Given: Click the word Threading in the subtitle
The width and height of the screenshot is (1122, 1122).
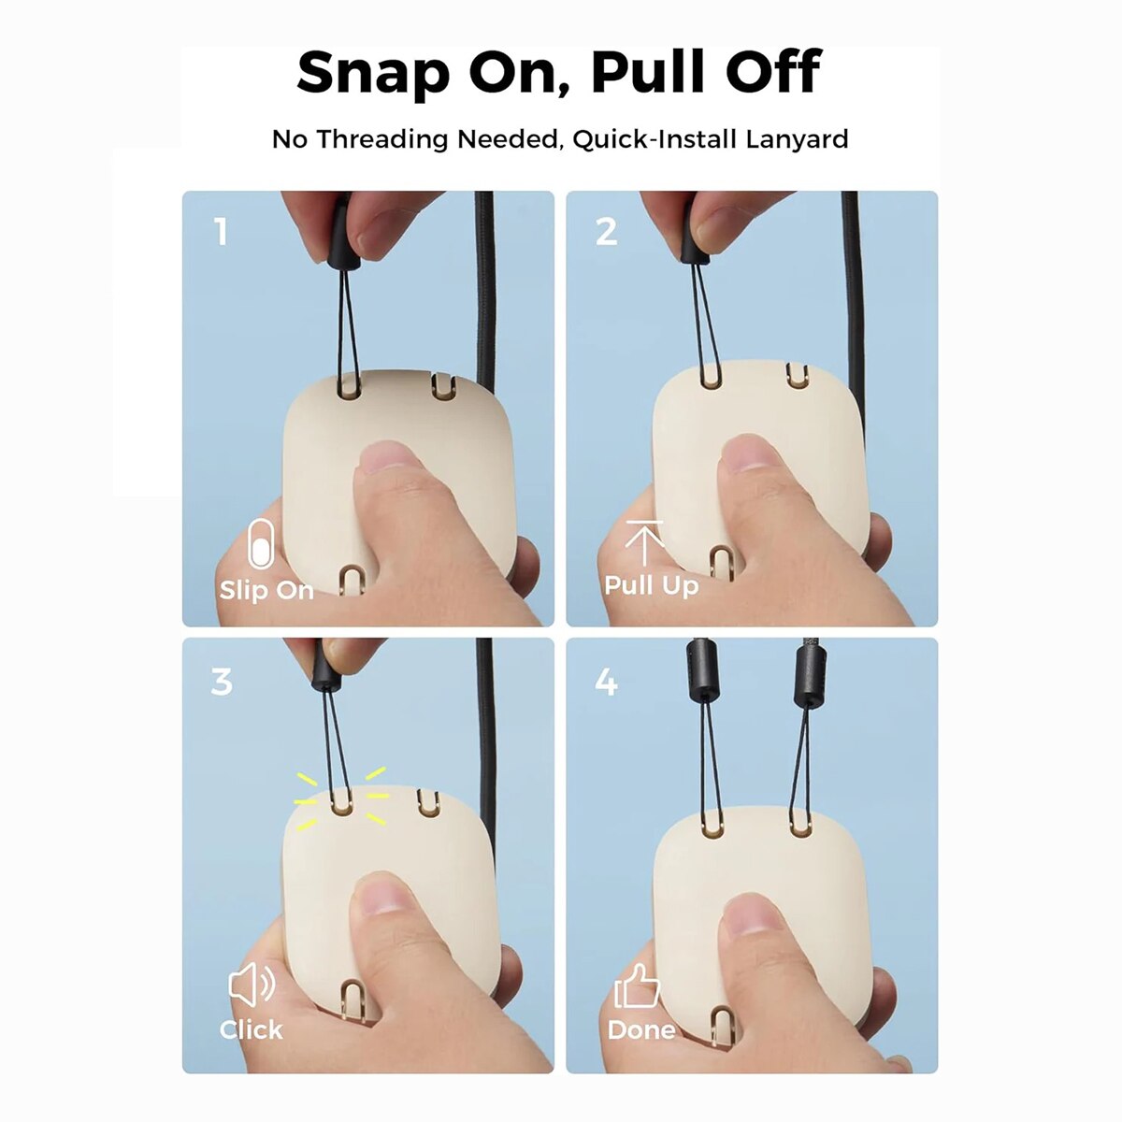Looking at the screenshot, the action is pos(382,139).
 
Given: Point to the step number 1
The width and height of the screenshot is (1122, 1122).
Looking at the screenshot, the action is pos(221,232).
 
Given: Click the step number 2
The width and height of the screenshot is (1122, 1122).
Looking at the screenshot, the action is pos(606,232).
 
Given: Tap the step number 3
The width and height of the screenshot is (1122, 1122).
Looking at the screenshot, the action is pos(222,682).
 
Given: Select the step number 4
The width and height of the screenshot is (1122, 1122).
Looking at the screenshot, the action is pos(606,682).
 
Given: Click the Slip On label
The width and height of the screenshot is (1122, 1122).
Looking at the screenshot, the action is pos(266,590).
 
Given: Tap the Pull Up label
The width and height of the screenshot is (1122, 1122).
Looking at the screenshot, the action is pos(652,585).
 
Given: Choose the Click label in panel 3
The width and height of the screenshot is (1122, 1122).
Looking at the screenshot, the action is pos(251,1030).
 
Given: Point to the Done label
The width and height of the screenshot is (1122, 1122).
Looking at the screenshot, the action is pos(641,1030).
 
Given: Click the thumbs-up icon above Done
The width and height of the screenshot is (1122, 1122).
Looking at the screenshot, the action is pos(637,986).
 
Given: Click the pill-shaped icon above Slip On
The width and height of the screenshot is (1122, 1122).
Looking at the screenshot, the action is pos(260,544).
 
